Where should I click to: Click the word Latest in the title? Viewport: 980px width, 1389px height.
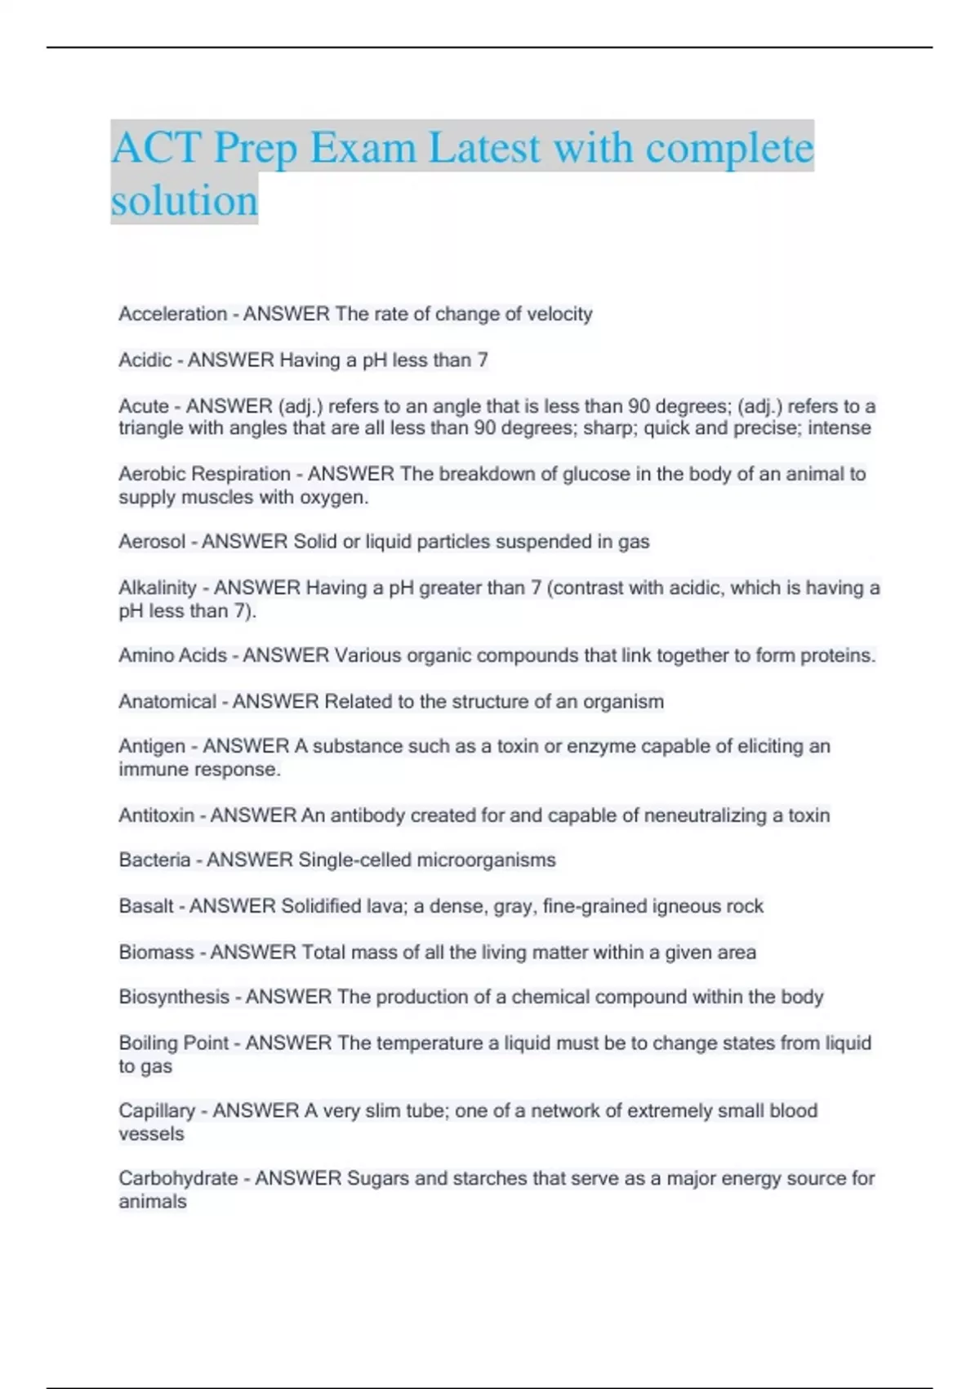tap(484, 148)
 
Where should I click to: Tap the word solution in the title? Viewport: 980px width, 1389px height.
tap(185, 200)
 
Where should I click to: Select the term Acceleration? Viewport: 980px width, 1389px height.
tap(172, 314)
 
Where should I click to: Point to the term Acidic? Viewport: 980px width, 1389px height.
tap(145, 360)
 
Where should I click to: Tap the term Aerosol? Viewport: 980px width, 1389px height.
tap(152, 542)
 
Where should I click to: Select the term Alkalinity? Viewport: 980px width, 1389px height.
tap(158, 588)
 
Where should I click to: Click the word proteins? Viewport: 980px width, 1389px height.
tap(837, 655)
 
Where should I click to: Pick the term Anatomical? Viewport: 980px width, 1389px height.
tap(167, 702)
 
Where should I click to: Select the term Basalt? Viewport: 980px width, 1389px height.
tap(146, 906)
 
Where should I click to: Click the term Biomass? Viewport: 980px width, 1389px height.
tap(156, 953)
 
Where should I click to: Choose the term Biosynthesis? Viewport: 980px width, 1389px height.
tap(174, 997)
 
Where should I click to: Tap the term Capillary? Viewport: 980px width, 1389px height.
tap(157, 1111)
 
